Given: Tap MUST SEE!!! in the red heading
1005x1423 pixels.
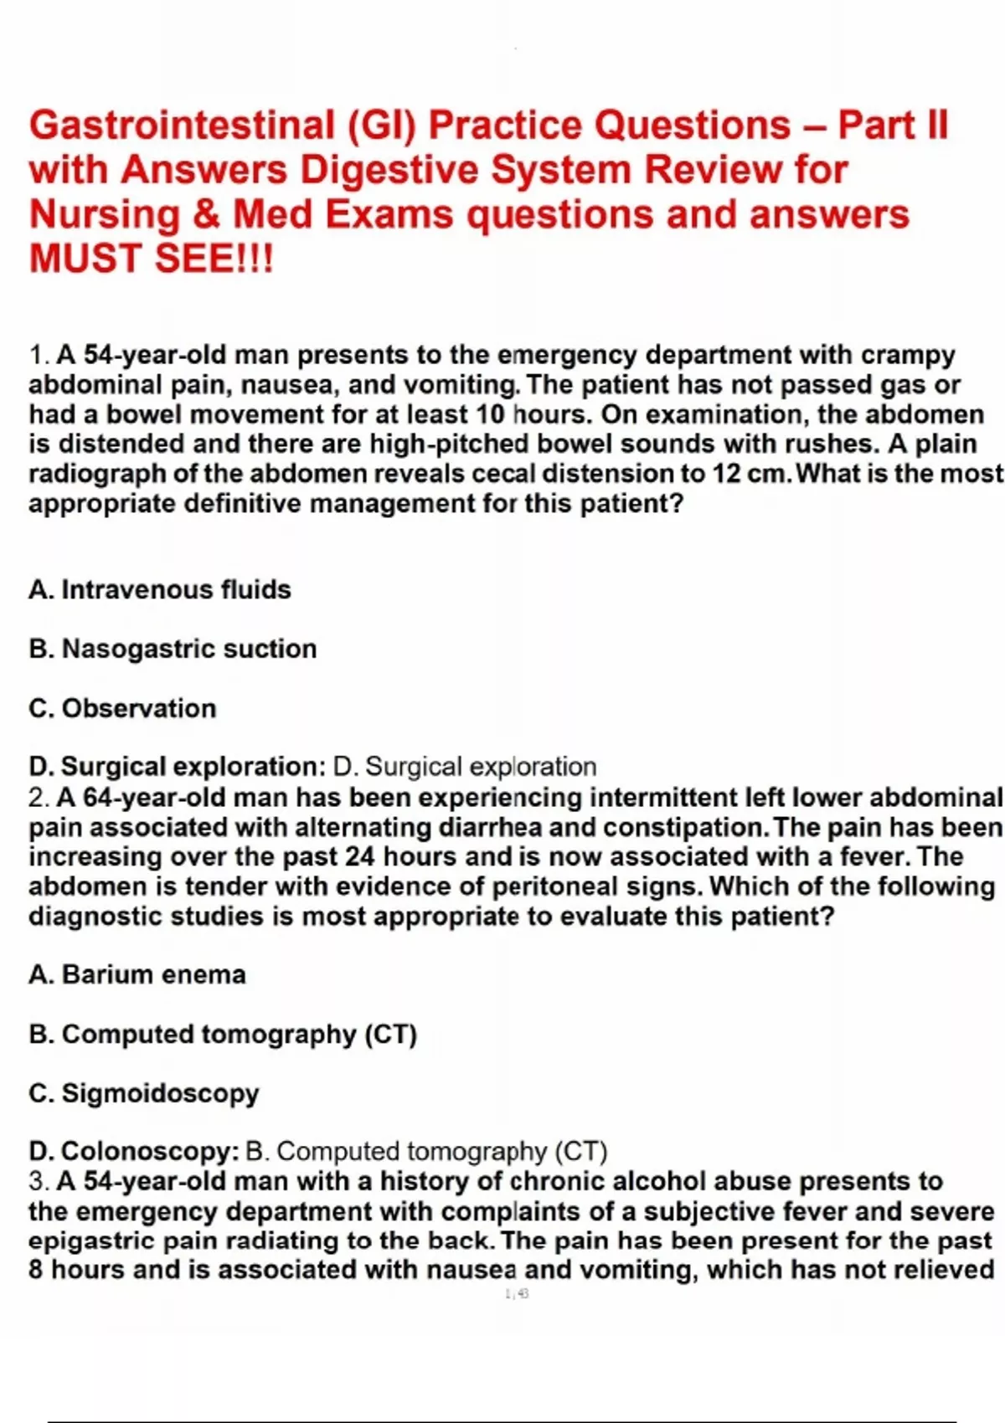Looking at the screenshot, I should [x=152, y=258].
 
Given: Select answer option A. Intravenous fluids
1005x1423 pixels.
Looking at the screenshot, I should [x=160, y=589].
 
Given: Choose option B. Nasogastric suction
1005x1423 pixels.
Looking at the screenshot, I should [x=173, y=649].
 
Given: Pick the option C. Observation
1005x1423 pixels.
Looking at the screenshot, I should [x=122, y=708].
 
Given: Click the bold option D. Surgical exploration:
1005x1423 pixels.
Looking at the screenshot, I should [x=177, y=767].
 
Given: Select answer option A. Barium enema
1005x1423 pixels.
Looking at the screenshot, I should [x=137, y=974].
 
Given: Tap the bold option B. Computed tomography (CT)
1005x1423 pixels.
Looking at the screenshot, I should [x=223, y=1034].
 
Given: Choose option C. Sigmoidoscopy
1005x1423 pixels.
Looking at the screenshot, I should [x=144, y=1093].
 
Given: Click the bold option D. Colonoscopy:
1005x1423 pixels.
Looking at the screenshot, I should [x=134, y=1152].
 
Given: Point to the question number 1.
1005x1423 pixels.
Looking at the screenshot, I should [x=39, y=355].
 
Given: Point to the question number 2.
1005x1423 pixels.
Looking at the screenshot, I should [x=39, y=798].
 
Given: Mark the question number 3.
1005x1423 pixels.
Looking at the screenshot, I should [x=39, y=1181].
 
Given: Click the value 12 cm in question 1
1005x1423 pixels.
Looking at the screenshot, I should [x=750, y=474].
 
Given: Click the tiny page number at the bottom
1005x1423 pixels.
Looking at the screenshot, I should [x=517, y=1294].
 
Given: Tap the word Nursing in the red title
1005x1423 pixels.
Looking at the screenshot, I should [x=105, y=214].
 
